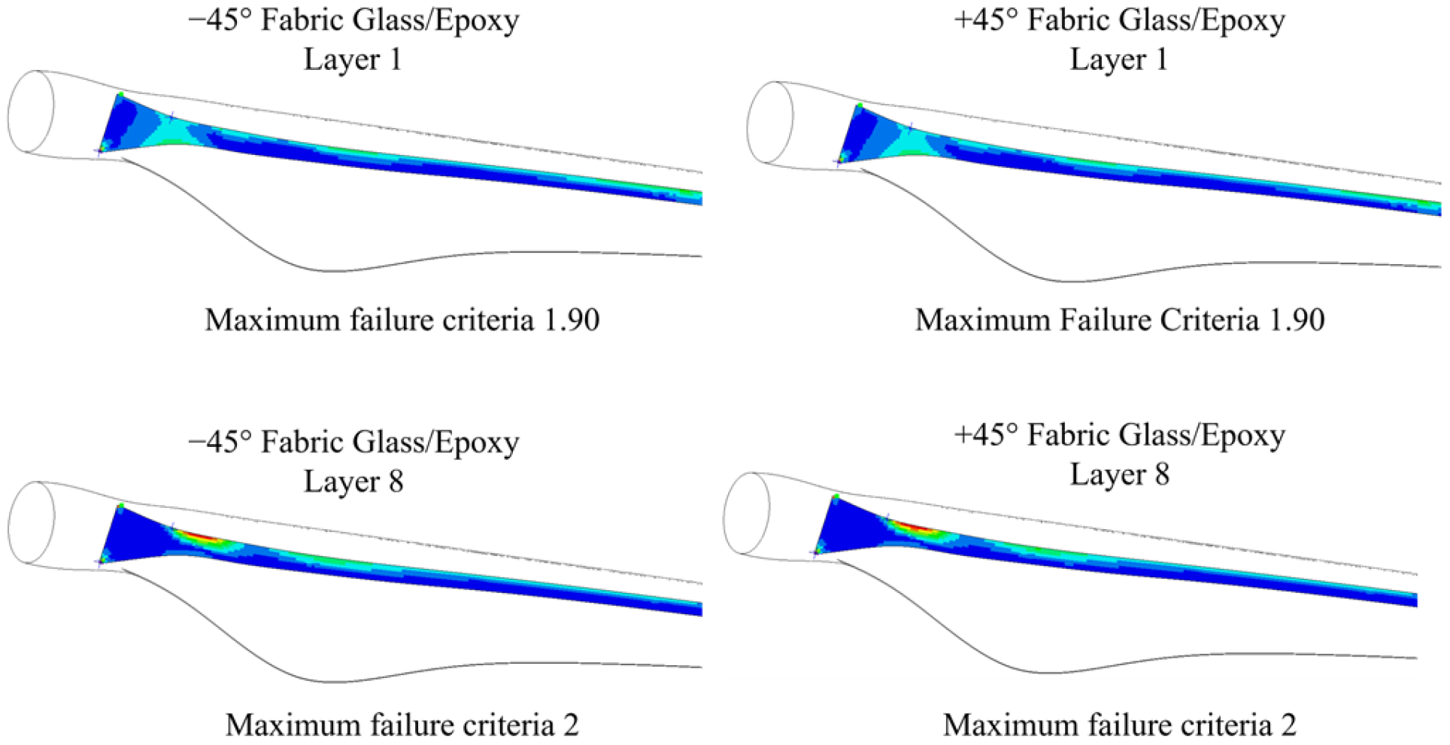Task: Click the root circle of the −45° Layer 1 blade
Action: click(x=31, y=112)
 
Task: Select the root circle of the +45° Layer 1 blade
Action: click(x=770, y=123)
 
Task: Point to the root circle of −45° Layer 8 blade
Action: click(x=32, y=522)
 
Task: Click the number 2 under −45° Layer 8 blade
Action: click(x=572, y=725)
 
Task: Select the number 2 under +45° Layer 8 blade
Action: click(x=1288, y=725)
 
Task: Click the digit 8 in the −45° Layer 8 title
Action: click(x=395, y=482)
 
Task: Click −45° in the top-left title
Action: click(x=220, y=20)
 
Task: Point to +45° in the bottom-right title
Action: click(x=986, y=436)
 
